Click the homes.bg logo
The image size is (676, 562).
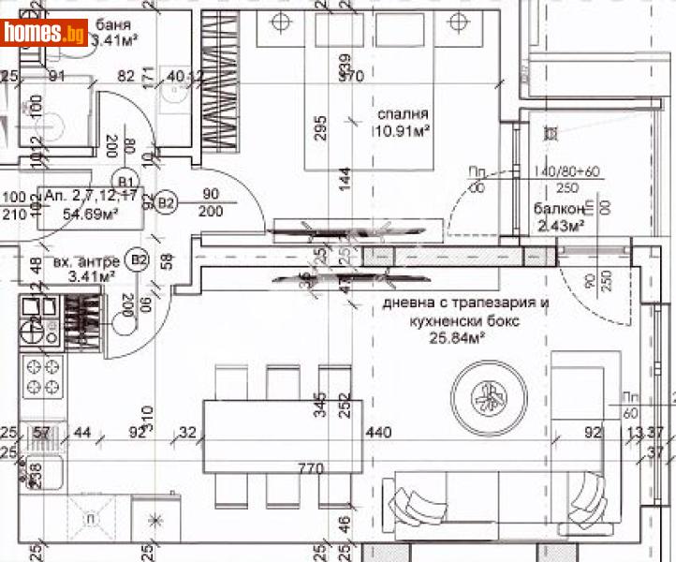45,33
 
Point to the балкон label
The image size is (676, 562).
560,209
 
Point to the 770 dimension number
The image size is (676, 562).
309,467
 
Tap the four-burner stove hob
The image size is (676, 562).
41,376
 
